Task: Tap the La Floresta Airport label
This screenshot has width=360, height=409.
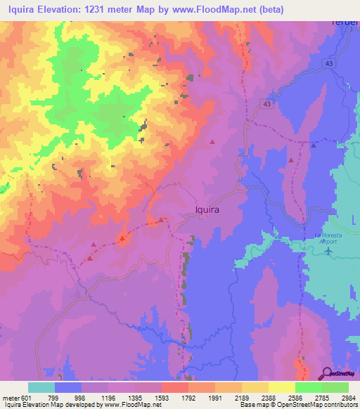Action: (x=321, y=238)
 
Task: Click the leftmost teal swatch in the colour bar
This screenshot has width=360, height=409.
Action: (x=41, y=387)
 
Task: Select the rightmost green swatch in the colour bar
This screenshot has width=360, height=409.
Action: (x=335, y=387)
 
